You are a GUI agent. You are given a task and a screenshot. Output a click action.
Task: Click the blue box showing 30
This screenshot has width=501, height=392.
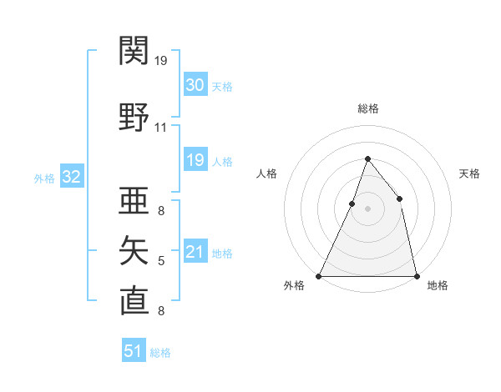coord(195,85)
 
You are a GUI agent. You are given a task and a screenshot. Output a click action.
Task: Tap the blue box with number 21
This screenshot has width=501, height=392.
coord(195,252)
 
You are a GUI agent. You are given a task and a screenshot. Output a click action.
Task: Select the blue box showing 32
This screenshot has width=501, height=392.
coord(71,177)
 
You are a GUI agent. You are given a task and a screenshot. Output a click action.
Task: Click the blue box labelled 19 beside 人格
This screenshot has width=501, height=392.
coord(195,160)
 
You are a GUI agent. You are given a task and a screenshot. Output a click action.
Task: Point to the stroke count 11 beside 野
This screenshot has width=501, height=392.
coord(161,128)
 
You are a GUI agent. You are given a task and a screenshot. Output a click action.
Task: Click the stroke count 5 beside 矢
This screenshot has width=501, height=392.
coord(161,262)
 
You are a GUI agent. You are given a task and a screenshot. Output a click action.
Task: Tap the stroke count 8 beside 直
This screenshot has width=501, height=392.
coord(161,311)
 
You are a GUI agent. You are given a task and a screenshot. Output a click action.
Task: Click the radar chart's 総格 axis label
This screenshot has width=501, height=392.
coord(367,108)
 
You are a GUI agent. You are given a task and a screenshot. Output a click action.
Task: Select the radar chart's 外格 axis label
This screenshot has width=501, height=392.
coord(294,285)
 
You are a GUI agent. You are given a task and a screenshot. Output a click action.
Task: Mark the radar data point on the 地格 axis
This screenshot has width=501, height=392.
coord(416,275)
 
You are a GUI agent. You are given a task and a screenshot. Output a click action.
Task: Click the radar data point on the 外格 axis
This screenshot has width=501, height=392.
coord(319,275)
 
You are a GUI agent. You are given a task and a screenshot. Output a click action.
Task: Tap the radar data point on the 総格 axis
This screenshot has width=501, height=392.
coord(367,158)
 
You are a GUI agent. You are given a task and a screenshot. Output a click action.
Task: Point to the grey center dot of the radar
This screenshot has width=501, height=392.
coord(367,209)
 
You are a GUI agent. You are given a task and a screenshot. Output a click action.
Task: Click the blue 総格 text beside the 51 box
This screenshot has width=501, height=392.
coord(160,353)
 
